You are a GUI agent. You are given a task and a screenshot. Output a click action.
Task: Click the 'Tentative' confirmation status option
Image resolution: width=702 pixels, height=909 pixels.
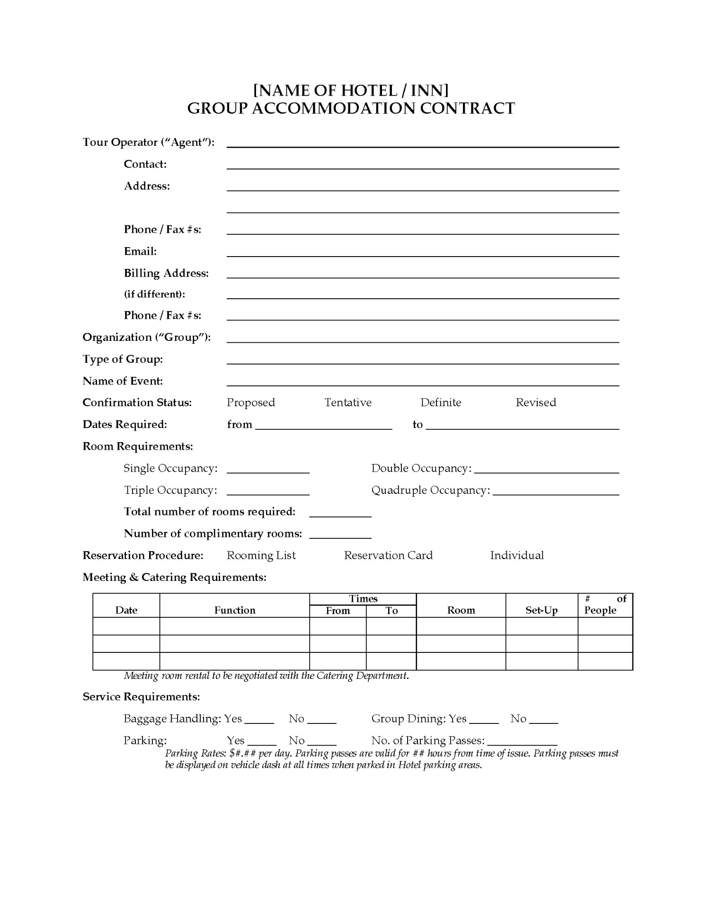348,402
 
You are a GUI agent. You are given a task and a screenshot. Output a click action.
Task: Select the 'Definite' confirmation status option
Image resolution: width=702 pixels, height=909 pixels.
440,402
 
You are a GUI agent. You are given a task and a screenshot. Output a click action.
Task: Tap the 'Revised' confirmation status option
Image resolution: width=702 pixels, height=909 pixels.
536,402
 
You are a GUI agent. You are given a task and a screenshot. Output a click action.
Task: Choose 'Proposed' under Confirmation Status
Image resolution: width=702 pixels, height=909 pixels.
250,402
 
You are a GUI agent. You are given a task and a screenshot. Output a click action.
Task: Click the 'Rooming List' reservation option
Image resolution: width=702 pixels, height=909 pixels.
261,555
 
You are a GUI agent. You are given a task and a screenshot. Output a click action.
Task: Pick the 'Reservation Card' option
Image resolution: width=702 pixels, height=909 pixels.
388,555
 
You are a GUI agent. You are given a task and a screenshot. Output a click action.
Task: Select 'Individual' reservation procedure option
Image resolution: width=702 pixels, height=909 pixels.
517,555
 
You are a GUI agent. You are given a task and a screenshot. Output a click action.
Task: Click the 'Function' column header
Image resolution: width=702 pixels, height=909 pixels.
234,610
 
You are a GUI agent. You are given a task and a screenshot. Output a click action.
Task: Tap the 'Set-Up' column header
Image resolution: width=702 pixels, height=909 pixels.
542,610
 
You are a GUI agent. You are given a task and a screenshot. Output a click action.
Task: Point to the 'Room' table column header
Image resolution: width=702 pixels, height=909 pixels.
461,610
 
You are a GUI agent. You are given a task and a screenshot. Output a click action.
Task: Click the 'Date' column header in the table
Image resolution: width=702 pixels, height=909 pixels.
126,610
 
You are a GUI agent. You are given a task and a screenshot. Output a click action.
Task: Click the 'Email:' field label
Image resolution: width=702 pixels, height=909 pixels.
140,251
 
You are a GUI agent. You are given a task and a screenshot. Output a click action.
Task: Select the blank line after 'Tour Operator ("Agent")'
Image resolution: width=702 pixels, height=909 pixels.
423,143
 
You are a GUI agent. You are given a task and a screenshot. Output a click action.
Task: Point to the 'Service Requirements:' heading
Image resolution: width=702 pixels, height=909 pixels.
141,697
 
